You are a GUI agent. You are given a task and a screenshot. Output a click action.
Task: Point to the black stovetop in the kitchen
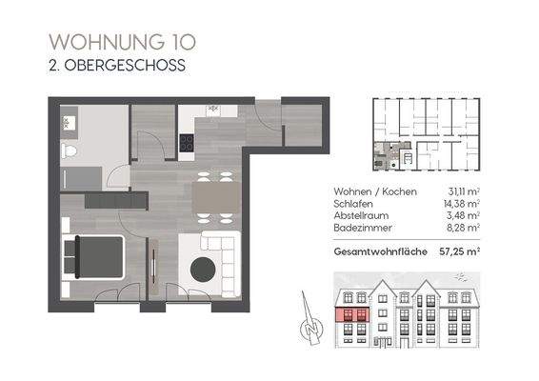point(187,144)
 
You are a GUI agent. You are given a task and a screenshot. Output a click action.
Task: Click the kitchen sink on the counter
point(213,110)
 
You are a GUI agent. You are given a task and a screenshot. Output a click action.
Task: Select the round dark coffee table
point(203,270)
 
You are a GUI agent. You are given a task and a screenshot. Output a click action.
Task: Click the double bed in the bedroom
point(91,256)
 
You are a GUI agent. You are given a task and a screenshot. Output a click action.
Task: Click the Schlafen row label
point(354,203)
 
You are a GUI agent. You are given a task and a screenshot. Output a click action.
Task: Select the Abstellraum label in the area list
point(361,216)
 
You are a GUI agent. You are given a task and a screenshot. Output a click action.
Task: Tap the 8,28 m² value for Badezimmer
point(461,230)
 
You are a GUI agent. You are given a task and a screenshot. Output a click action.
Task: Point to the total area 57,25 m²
point(457,252)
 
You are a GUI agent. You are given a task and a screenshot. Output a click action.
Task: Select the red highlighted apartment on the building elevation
point(354,315)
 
